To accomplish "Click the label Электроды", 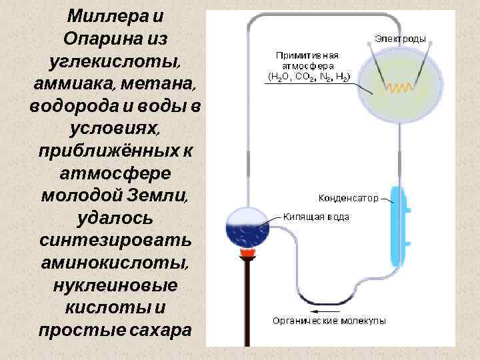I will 400,39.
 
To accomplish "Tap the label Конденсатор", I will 349,198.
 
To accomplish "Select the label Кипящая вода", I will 315,217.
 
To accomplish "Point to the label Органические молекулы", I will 329,321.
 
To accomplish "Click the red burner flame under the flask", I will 247,253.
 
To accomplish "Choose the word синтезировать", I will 115,241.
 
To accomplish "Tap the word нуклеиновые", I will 115,285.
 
